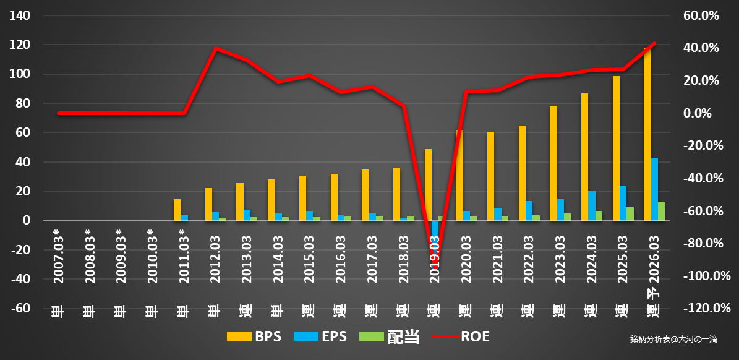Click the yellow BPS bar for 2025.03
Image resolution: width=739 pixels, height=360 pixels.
tap(616, 148)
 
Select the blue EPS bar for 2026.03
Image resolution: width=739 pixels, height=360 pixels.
tap(654, 189)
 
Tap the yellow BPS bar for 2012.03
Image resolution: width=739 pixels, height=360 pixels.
tap(208, 204)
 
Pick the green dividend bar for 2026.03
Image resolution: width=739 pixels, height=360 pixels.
tap(661, 211)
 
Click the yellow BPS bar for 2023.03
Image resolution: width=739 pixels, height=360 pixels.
tap(553, 163)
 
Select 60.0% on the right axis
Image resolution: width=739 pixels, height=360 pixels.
tap(701, 15)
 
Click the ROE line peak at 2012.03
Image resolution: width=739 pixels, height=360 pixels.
tap(215, 48)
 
